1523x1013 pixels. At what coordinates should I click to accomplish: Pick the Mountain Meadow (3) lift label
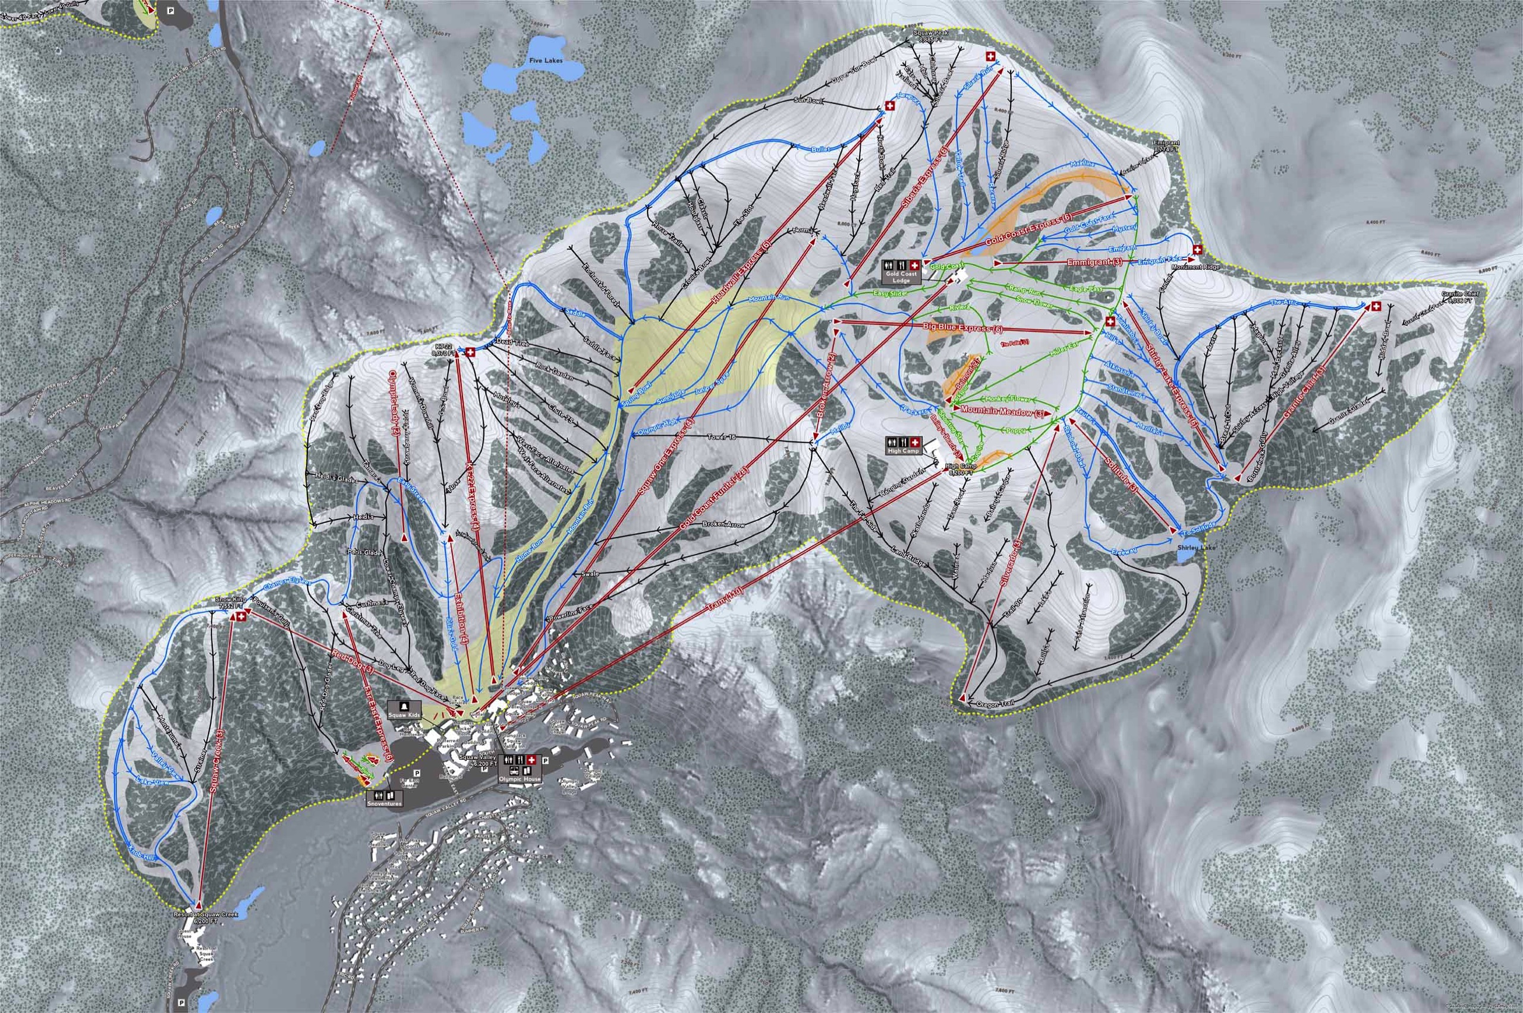coord(1002,411)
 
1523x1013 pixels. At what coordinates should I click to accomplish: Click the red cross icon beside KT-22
coord(471,352)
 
